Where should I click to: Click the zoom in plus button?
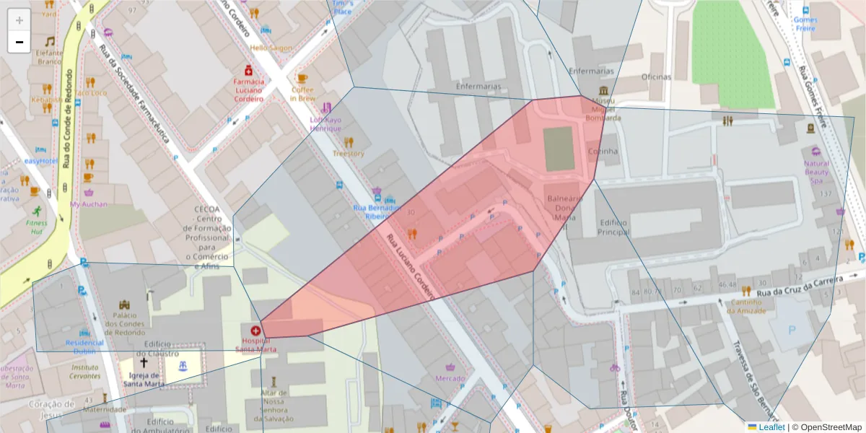coord(19,20)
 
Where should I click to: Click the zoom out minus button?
coord(19,42)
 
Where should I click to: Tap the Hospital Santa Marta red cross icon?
coord(255,331)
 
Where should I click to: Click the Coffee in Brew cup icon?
coord(302,78)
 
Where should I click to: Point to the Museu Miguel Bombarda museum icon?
coord(603,91)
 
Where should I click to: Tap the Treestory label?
coord(349,154)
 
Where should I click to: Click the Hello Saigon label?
coord(271,48)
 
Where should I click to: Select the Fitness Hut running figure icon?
coord(36,211)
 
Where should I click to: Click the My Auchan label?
coord(88,204)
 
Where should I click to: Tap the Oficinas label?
coord(655,77)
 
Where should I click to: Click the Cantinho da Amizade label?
coord(746,306)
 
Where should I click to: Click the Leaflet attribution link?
coord(771,427)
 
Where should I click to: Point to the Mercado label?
coord(450,378)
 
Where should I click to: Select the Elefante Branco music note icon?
coord(50,41)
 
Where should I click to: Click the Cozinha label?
coord(603,152)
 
